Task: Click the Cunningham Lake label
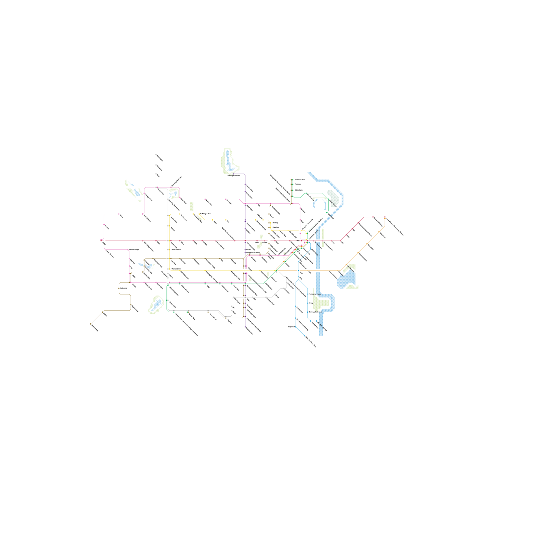pyautogui.click(x=233, y=175)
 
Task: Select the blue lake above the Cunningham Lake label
pyautogui.click(x=228, y=159)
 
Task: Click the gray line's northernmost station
pyautogui.click(x=156, y=154)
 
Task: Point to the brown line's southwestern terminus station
pyautogui.click(x=91, y=324)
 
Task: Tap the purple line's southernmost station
pyautogui.click(x=245, y=327)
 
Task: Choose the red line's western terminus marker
pyautogui.click(x=101, y=240)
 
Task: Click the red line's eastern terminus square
pyautogui.click(x=385, y=217)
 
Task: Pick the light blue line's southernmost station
pyautogui.click(x=305, y=335)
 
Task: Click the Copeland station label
pyautogui.click(x=291, y=327)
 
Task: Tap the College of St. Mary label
pyautogui.click(x=253, y=252)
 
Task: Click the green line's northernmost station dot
pyautogui.click(x=293, y=180)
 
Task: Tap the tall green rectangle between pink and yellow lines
pyautogui.click(x=192, y=206)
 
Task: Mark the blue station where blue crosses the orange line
pyautogui.click(x=299, y=271)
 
